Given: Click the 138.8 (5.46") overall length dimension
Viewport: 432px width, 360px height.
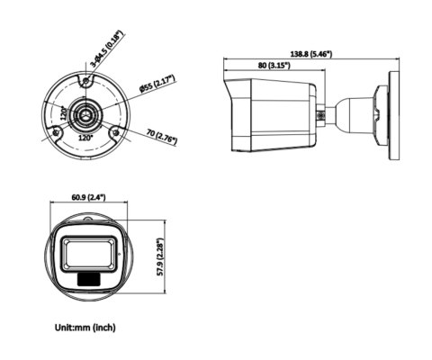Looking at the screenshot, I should point(306,55).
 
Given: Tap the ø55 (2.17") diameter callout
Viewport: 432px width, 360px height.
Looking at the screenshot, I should point(157,85).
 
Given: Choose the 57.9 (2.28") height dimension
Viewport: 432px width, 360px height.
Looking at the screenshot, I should point(161,255).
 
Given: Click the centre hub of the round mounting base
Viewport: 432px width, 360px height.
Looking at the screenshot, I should point(86,115).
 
